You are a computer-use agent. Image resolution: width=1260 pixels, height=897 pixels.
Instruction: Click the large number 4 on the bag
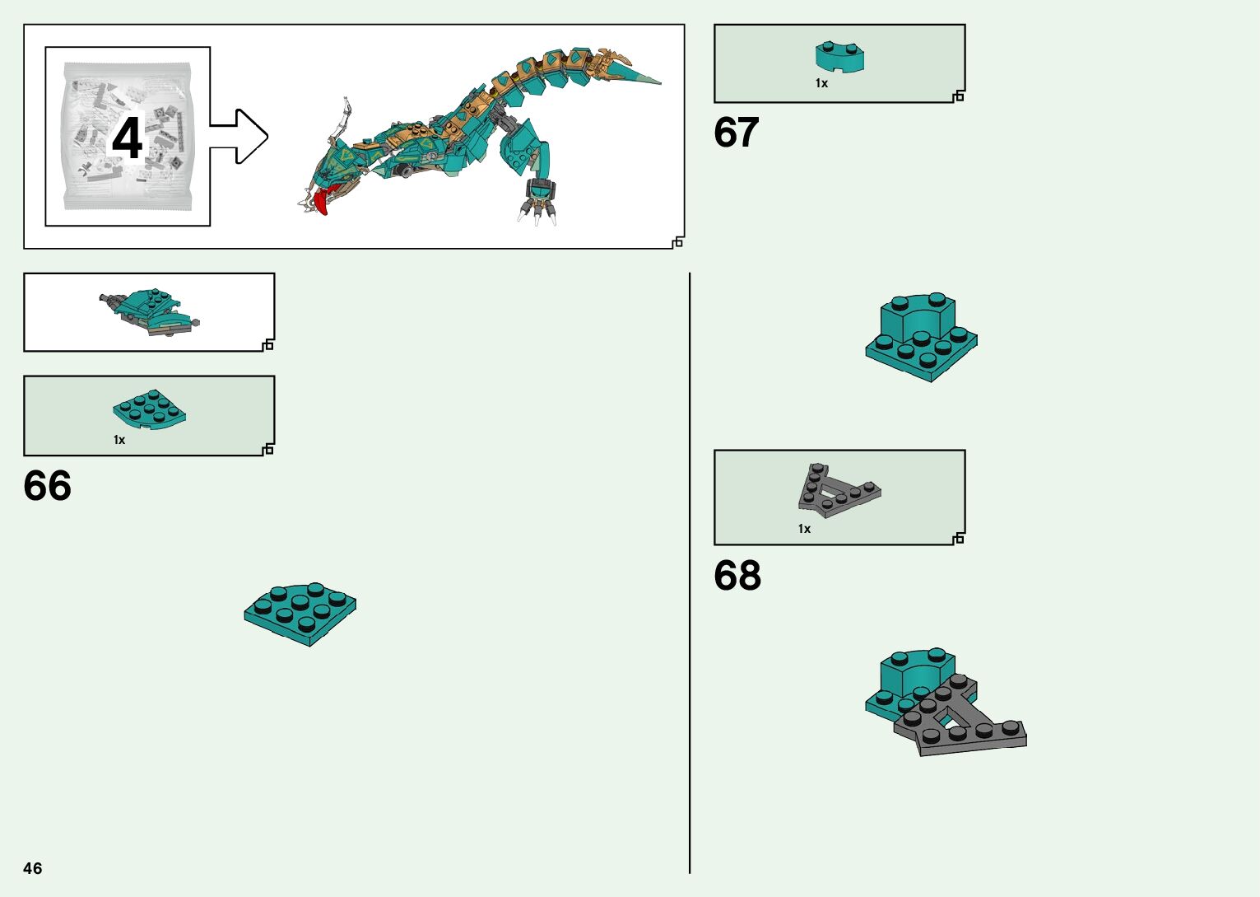tap(128, 138)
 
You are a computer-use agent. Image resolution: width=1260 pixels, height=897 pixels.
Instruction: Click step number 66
tap(48, 486)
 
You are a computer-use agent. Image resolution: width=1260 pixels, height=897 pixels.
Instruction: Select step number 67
tap(736, 133)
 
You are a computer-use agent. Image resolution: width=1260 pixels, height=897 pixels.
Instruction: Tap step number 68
tap(737, 576)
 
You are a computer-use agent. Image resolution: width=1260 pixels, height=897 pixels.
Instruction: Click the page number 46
tap(33, 868)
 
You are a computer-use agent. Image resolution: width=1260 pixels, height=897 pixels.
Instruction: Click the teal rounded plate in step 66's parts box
tap(149, 409)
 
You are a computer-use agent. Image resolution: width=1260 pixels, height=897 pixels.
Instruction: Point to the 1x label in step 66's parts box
tap(119, 440)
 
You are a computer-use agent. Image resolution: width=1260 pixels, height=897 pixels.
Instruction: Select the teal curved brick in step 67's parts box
tap(839, 56)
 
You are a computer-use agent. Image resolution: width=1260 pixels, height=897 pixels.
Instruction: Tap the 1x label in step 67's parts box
tap(821, 83)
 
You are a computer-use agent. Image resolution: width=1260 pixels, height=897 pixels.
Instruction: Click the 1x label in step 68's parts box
tap(804, 529)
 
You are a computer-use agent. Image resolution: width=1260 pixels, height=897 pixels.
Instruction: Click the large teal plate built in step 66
tap(300, 614)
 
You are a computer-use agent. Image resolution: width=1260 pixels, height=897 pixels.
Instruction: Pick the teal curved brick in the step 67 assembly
tap(918, 317)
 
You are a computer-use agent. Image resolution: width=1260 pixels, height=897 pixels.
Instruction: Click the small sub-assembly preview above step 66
tap(149, 311)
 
